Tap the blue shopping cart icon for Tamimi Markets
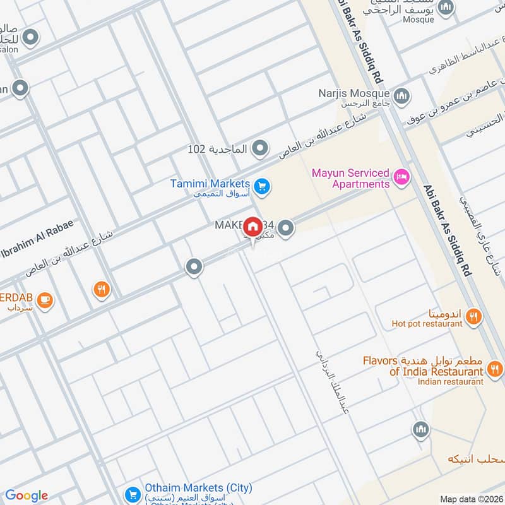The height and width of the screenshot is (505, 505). pyautogui.click(x=264, y=186)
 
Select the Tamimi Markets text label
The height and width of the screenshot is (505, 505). pyautogui.click(x=211, y=184)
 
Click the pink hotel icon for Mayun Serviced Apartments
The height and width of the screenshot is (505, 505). pyautogui.click(x=400, y=176)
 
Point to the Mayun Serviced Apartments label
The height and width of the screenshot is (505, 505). pyautogui.click(x=352, y=179)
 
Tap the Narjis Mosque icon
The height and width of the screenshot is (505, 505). pyautogui.click(x=402, y=96)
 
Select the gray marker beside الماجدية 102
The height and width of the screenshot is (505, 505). pyautogui.click(x=259, y=149)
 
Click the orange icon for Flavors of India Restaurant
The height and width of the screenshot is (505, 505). pyautogui.click(x=496, y=368)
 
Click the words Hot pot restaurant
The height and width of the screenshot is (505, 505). pyautogui.click(x=427, y=324)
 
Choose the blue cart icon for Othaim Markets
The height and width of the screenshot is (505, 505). pyautogui.click(x=132, y=494)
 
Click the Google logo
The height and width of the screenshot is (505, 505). pyautogui.click(x=27, y=496)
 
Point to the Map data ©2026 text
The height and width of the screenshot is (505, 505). pyautogui.click(x=470, y=499)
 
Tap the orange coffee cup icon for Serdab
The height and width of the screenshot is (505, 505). pyautogui.click(x=44, y=300)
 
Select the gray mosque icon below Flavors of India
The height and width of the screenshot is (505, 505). pyautogui.click(x=421, y=431)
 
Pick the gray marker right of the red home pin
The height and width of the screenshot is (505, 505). pyautogui.click(x=286, y=228)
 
